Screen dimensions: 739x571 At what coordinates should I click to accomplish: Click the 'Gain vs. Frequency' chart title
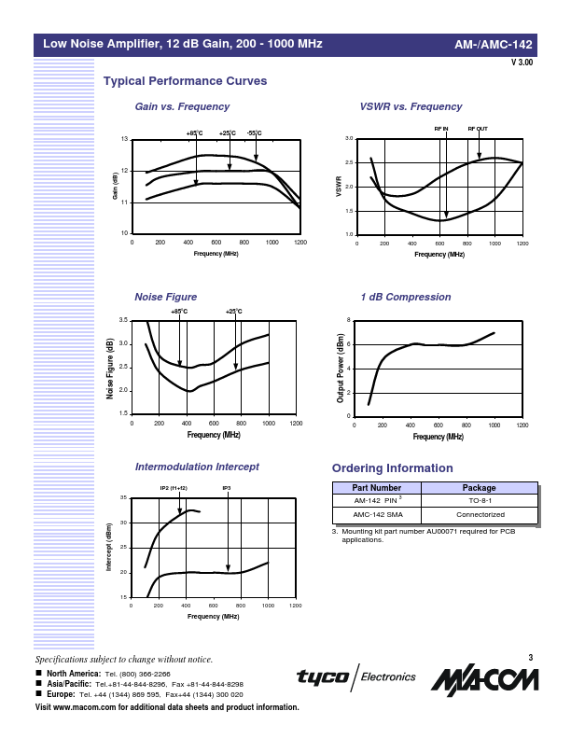182,107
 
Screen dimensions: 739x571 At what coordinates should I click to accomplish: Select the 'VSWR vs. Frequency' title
411,107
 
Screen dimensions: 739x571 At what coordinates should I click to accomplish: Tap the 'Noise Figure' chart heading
166,297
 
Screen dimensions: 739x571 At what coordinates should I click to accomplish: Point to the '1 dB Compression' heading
405,297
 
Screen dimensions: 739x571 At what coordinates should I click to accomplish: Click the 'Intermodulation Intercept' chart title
197,466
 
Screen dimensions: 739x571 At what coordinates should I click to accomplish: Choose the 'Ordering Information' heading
393,468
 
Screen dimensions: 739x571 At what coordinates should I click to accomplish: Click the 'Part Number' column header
376,488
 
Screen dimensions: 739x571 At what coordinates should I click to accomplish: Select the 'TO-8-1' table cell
479,501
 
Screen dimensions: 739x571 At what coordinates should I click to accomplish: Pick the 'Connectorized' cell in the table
479,514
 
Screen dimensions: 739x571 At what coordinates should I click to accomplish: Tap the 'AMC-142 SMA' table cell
376,514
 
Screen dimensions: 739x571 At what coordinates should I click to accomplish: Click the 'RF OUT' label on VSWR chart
478,128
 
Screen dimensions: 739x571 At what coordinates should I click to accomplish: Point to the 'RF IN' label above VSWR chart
441,128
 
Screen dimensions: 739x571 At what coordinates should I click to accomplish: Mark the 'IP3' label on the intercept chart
226,488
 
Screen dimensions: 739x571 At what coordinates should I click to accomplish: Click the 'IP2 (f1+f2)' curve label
174,488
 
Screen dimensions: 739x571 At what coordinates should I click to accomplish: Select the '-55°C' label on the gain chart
255,133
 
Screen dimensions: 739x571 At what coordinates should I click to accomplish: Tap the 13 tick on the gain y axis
125,140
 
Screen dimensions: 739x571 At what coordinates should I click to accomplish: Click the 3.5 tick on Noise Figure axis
124,320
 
